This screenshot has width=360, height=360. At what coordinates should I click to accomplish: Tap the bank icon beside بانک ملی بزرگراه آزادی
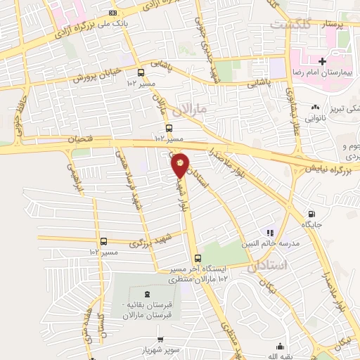[x=114, y=13]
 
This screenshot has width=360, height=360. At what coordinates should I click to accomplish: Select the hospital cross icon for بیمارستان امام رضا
[x=321, y=62]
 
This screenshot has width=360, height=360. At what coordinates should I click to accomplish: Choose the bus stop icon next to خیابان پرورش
[x=141, y=72]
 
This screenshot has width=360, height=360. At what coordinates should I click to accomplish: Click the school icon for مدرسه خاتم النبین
[x=269, y=232]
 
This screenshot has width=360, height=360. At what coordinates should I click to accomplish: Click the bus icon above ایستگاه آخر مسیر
[x=198, y=258]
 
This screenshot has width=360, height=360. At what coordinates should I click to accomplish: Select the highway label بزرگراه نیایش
[x=331, y=169]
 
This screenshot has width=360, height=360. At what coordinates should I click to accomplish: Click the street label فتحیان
[x=79, y=139]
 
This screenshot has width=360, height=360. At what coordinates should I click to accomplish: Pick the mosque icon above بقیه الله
[x=281, y=345]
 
